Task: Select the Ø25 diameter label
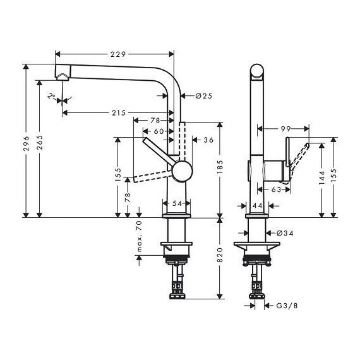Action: pos(195,96)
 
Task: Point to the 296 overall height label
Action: pos(27,139)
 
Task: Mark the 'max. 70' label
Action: pos(140,237)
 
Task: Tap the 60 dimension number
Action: pos(159,131)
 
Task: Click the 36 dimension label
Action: pos(208,140)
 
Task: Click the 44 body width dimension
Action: pos(257,206)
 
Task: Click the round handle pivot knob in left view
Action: pos(183,172)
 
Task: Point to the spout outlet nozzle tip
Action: pos(63,76)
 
